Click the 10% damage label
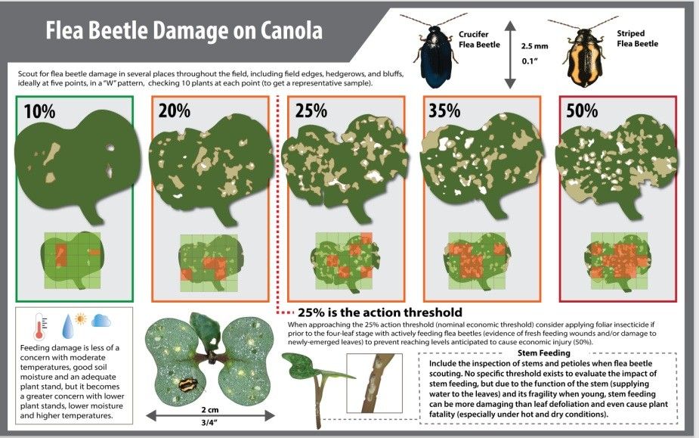pyautogui.click(x=39, y=111)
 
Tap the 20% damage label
pyautogui.click(x=175, y=111)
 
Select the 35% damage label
pyautogui.click(x=444, y=110)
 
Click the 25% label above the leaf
pyautogui.click(x=311, y=110)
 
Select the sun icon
pyautogui.click(x=80, y=318)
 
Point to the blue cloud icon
pyautogui.click(x=101, y=321)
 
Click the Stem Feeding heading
pyautogui.click(x=544, y=353)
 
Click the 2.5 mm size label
pyautogui.click(x=535, y=46)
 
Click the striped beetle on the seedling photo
pyautogui.click(x=184, y=384)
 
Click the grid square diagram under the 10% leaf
pyautogui.click(x=70, y=259)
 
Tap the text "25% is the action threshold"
pyautogui.click(x=379, y=312)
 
